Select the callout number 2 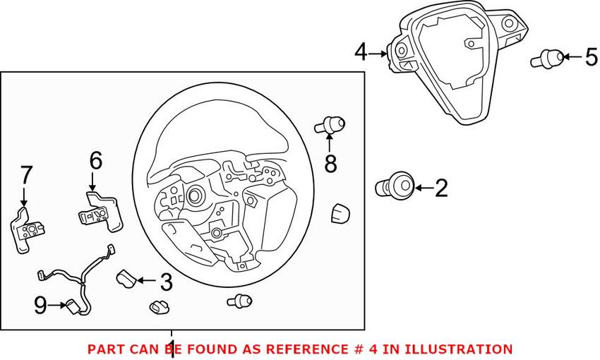pyautogui.click(x=441, y=188)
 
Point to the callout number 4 pyautogui.click(x=361, y=52)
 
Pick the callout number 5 pyautogui.click(x=591, y=57)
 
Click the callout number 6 pyautogui.click(x=96, y=161)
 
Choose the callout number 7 pyautogui.click(x=25, y=174)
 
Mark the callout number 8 pyautogui.click(x=330, y=164)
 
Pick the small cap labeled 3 pyautogui.click(x=126, y=277)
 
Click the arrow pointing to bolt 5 pyautogui.click(x=572, y=57)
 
